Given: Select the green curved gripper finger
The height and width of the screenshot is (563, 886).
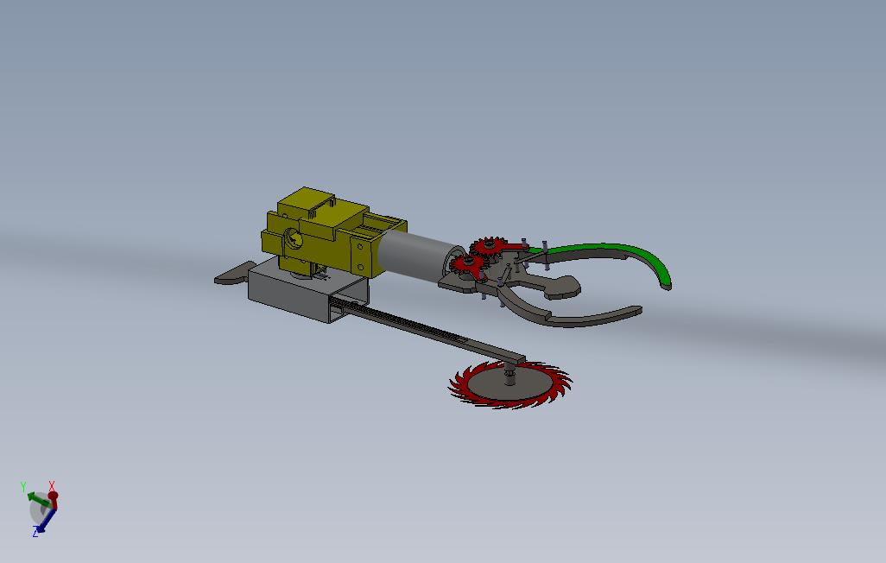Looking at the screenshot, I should click(622, 251).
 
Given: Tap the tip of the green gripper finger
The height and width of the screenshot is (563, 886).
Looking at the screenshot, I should click(666, 284).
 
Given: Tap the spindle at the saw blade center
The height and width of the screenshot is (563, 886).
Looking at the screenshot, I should click(510, 376).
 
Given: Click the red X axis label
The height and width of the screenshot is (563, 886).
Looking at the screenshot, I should click(53, 486).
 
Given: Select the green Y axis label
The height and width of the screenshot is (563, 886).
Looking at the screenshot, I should click(23, 487).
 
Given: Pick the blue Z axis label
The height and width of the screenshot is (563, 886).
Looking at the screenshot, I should click(35, 533).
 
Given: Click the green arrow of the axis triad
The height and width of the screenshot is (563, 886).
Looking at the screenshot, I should click(36, 498).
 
